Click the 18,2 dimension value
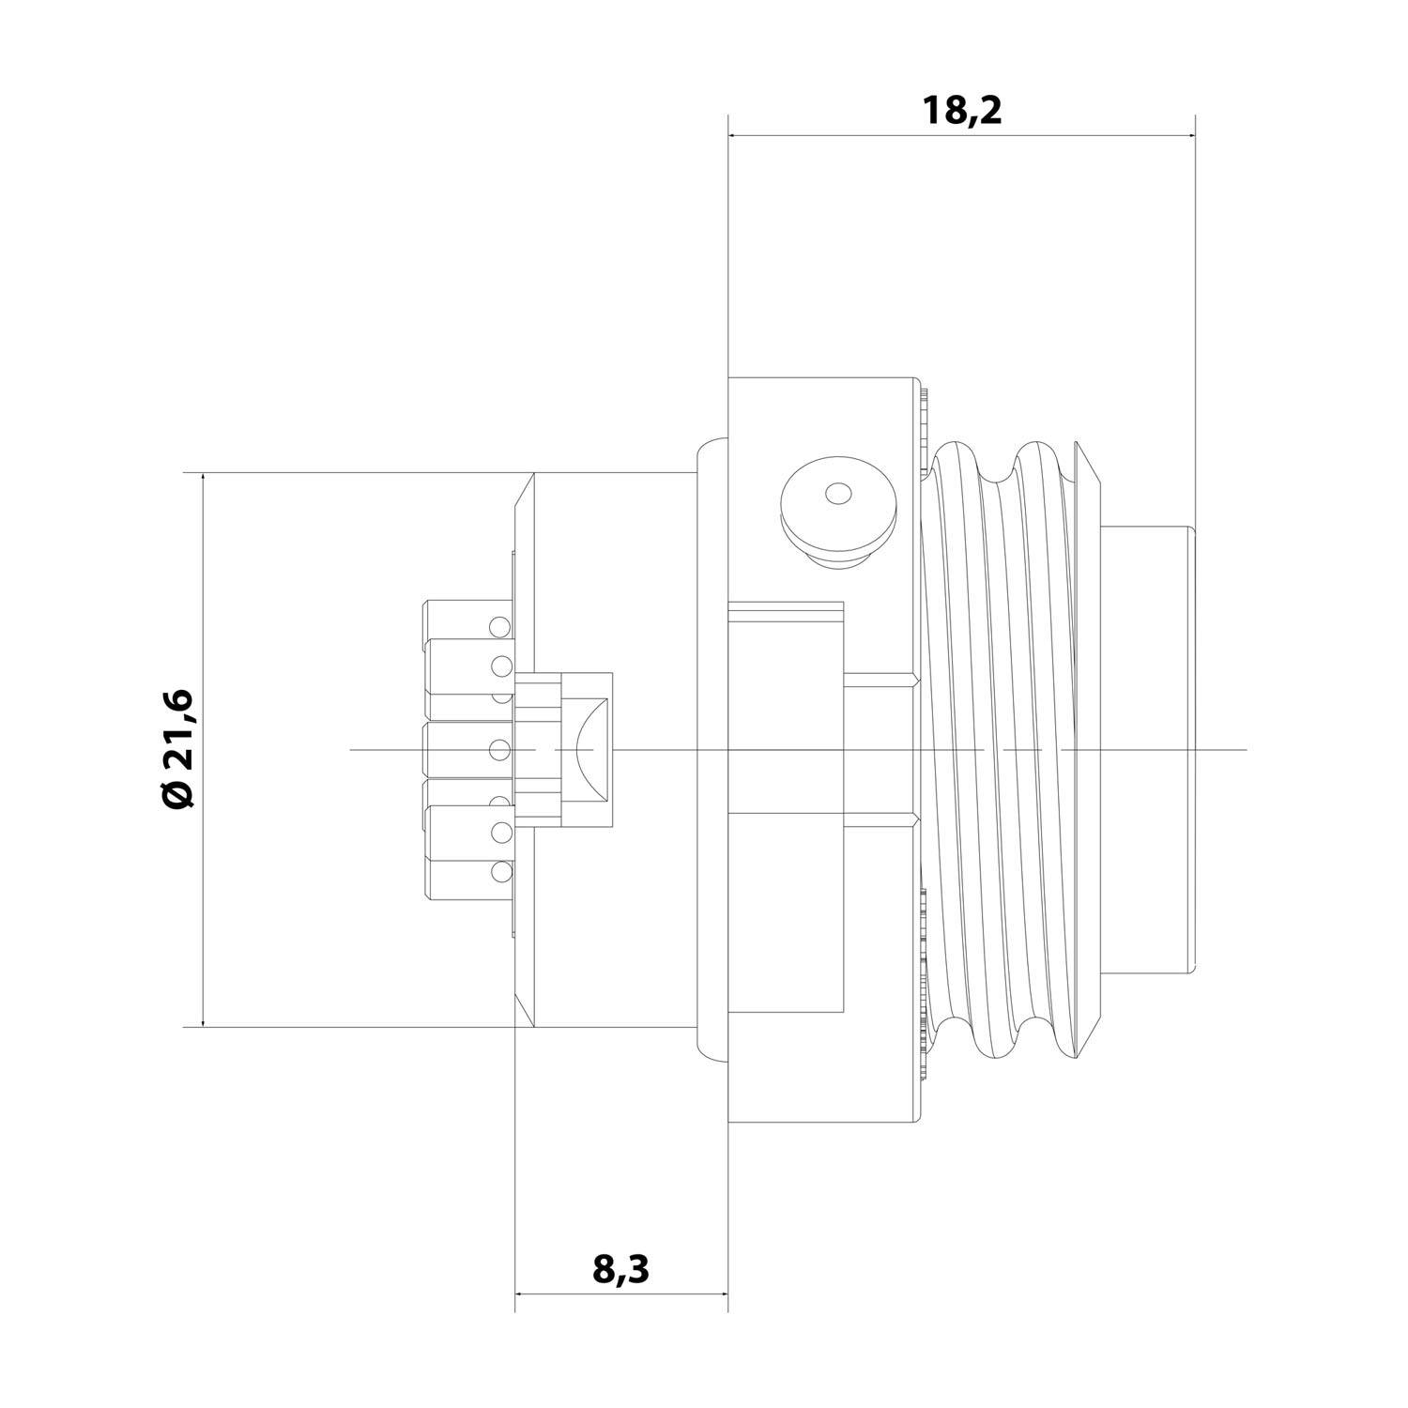click(962, 111)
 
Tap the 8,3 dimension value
click(620, 1269)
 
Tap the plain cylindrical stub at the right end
click(1148, 750)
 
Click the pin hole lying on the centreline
click(500, 750)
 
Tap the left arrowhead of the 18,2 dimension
click(734, 135)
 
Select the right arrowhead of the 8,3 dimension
click(723, 1293)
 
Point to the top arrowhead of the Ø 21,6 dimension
click(203, 478)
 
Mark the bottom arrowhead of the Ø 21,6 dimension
click(203, 1021)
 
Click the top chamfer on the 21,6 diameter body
click(526, 490)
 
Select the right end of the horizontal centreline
click(1245, 750)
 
